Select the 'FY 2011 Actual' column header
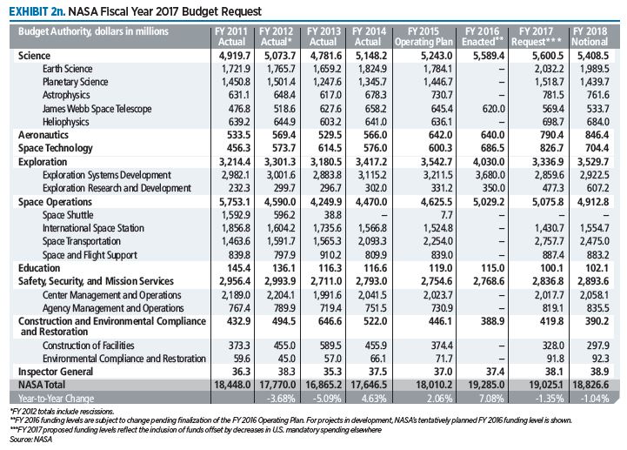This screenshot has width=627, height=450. pyautogui.click(x=234, y=36)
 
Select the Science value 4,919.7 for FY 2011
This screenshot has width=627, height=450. pyautogui.click(x=234, y=55)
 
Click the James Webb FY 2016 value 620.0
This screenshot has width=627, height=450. pyautogui.click(x=490, y=108)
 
